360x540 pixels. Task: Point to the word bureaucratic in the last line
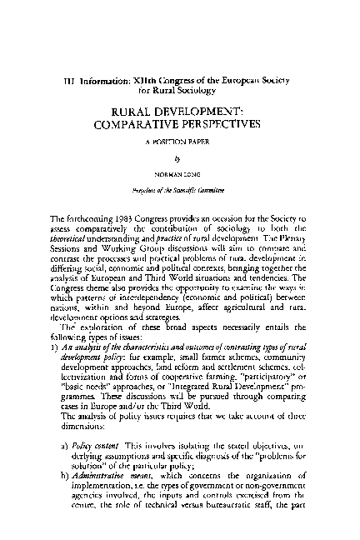click(x=227, y=535)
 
